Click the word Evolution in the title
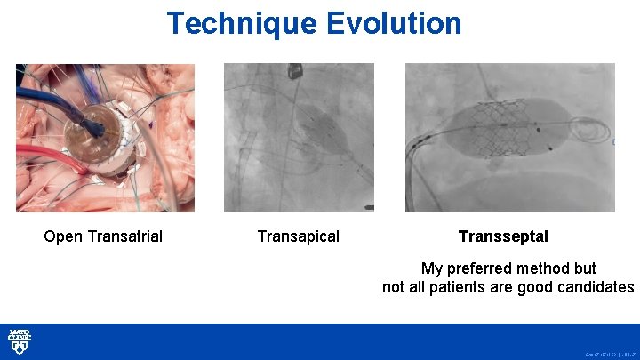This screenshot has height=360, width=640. click(394, 23)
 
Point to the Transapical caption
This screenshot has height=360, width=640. click(298, 236)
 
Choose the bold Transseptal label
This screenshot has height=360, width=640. click(503, 236)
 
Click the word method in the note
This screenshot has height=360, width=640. click(553, 268)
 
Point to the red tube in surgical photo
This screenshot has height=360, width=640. click(44, 164)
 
